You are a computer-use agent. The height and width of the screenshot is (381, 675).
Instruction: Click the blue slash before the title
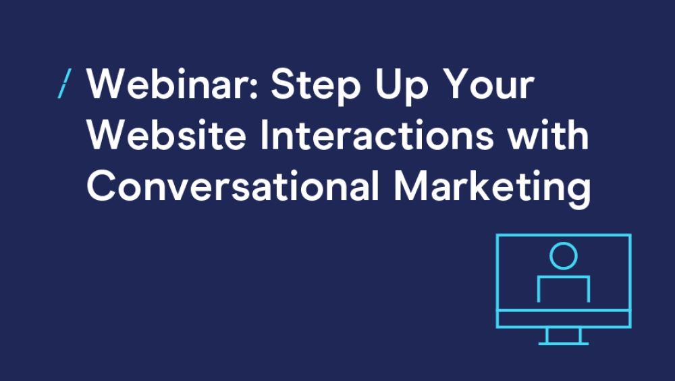pyautogui.click(x=65, y=84)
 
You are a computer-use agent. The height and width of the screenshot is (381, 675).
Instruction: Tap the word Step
pyautogui.click(x=315, y=86)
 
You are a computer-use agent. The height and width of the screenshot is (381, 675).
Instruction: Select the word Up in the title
pyautogui.click(x=402, y=86)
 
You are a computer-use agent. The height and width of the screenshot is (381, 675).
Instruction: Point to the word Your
pyautogui.click(x=489, y=84)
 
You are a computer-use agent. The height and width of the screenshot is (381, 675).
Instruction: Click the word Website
pyautogui.click(x=166, y=135)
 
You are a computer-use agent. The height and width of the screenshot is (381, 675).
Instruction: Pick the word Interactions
pyautogui.click(x=377, y=135)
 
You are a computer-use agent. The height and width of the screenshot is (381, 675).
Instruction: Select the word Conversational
pyautogui.click(x=233, y=186)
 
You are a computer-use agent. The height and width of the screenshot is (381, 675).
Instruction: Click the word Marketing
pyautogui.click(x=493, y=188)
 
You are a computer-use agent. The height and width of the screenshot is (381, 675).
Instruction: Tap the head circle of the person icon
pyautogui.click(x=564, y=256)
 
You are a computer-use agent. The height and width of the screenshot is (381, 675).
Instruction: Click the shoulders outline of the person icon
pyautogui.click(x=564, y=277)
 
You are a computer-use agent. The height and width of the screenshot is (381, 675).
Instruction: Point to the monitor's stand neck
pyautogui.click(x=564, y=335)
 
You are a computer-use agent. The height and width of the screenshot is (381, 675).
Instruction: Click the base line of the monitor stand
pyautogui.click(x=564, y=343)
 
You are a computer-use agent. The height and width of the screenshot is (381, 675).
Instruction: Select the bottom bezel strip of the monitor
pyautogui.click(x=564, y=318)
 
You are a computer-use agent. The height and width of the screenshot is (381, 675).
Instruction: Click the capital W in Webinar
pyautogui.click(x=107, y=84)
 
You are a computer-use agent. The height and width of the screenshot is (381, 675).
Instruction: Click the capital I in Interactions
pyautogui.click(x=264, y=135)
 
